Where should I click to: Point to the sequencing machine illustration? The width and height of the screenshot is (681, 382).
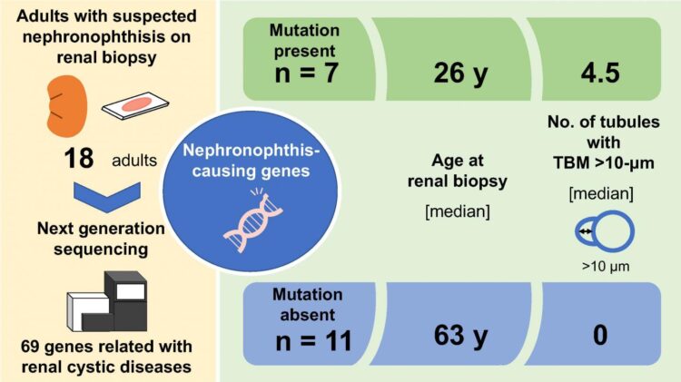coord(106,299)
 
